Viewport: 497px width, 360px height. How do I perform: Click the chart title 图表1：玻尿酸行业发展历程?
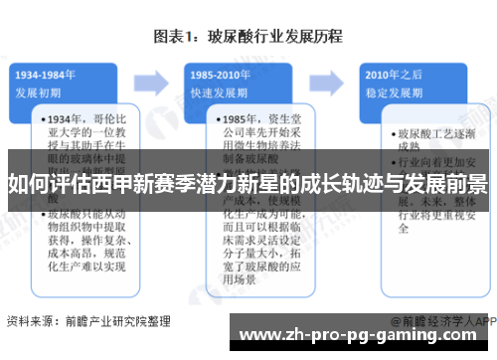click(x=248, y=37)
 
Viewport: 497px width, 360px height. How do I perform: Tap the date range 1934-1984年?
click(x=47, y=75)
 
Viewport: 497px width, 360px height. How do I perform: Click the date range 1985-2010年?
click(x=219, y=75)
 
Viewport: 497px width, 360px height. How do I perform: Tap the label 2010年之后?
click(x=389, y=75)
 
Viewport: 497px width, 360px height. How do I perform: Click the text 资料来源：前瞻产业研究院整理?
click(x=84, y=321)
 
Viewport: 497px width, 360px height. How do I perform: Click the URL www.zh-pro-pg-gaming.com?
click(x=367, y=337)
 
